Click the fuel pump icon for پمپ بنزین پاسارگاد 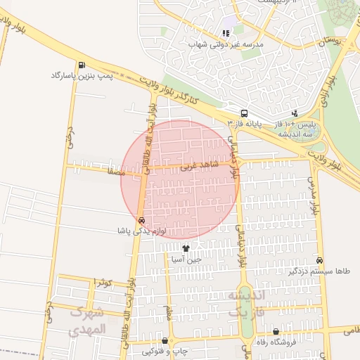tap(83, 64)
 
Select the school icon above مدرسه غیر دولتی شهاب tap(226, 32)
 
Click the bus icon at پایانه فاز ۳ tap(243, 113)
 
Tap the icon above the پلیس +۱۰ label tap(294, 113)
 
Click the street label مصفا tap(115, 171)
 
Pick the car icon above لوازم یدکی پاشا tap(142, 220)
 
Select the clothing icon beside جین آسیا tap(186, 247)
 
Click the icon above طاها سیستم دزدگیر tap(320, 260)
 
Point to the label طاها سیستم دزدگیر tap(319, 271)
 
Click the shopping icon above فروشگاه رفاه tap(275, 332)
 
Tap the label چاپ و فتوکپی tap(165, 351)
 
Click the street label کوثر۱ tap(102, 282)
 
